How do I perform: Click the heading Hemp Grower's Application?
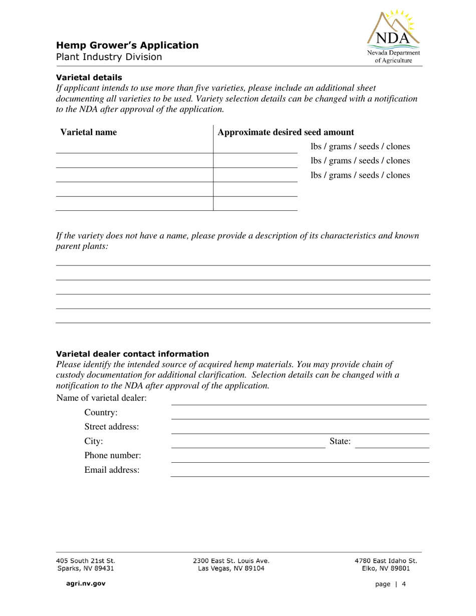tap(127, 45)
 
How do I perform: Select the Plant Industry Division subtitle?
tap(109, 57)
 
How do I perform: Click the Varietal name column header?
tap(89, 132)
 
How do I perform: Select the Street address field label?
tap(111, 427)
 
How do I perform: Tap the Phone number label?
tap(112, 456)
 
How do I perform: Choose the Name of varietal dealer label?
tap(102, 398)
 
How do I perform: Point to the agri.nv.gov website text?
tap(83, 583)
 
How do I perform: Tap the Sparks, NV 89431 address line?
tap(86, 568)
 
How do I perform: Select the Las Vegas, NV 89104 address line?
tap(233, 568)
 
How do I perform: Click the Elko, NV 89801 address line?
tap(385, 568)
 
